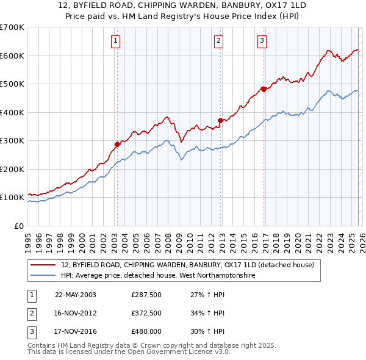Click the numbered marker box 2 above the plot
218,41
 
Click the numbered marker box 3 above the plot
262,41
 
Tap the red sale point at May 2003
117,145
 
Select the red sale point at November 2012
220,120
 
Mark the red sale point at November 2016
264,89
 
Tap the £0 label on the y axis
18,226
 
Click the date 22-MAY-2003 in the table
75,295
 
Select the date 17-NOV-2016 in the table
75,331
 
